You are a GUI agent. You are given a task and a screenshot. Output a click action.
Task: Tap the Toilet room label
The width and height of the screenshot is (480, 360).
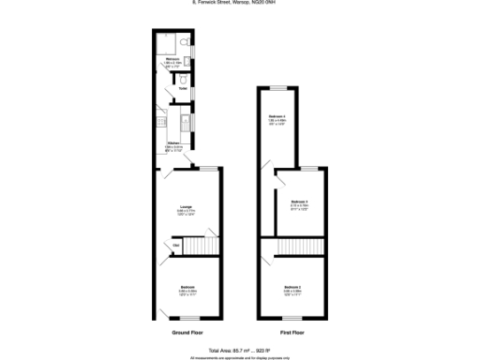click(171, 89)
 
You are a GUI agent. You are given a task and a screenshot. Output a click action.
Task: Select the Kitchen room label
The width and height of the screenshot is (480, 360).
click(172, 143)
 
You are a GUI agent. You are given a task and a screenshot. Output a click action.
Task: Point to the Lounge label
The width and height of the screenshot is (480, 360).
click(187, 206)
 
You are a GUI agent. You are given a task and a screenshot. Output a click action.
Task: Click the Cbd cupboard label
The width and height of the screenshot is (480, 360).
click(175, 247)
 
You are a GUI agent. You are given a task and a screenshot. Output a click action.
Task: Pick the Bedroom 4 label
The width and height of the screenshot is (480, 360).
click(277, 117)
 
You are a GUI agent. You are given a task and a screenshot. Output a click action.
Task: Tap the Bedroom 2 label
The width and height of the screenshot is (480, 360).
click(293, 286)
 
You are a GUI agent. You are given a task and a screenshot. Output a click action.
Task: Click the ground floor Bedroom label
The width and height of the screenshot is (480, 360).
click(187, 287)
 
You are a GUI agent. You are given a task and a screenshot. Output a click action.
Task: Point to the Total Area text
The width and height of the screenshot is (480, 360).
click(240, 349)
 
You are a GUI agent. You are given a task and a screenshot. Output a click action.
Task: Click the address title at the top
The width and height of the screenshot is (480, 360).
click(240, 4)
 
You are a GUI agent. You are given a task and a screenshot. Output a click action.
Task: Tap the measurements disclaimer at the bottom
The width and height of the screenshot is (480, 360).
click(240, 356)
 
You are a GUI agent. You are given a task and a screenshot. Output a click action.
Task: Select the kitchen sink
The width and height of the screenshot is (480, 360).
click(186, 124)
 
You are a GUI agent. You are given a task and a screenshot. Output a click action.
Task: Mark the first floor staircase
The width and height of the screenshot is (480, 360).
click(293, 247)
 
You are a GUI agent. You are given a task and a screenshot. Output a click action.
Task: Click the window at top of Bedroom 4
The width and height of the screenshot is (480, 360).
click(278, 87)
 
